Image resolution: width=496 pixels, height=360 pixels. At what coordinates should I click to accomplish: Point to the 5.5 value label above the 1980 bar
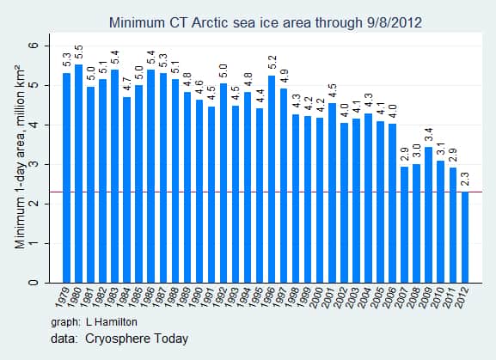[78, 53]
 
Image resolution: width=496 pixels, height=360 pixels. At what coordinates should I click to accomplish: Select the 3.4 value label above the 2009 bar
[428, 136]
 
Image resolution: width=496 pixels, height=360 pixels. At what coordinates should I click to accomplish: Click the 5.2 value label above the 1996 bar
[272, 64]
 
